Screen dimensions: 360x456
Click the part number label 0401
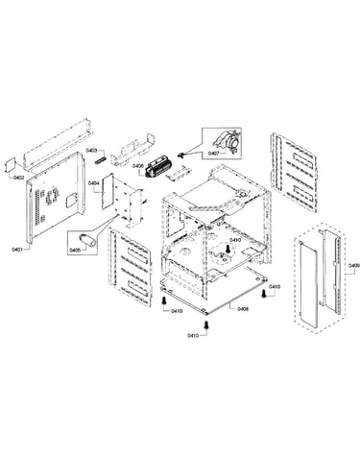(x=16, y=249)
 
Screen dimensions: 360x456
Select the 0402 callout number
(x=19, y=177)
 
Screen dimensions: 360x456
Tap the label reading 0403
(x=91, y=150)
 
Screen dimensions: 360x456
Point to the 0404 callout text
(x=96, y=183)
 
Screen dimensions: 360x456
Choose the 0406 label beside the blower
(x=138, y=166)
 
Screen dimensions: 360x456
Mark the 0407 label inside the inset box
(x=213, y=154)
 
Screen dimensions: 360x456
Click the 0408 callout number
(x=243, y=309)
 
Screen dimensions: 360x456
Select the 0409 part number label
(x=354, y=265)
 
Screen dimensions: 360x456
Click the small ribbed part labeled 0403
(x=101, y=160)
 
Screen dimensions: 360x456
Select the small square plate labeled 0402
(x=12, y=166)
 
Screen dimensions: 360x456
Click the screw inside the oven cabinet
(x=228, y=249)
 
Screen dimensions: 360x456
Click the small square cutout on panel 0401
(x=70, y=200)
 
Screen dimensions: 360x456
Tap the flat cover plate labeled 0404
(x=108, y=191)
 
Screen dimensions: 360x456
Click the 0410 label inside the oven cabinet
(x=235, y=240)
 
